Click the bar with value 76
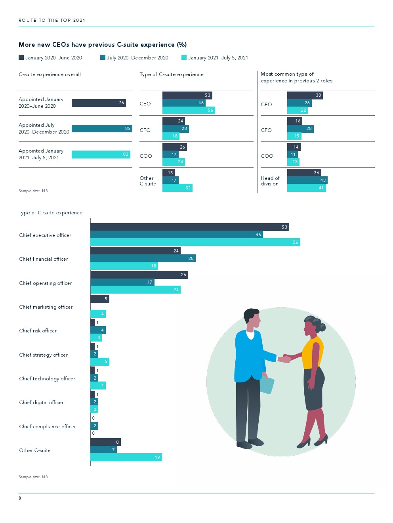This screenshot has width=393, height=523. click(99, 103)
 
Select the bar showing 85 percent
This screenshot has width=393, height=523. click(102, 128)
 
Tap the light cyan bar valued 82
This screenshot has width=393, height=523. click(101, 155)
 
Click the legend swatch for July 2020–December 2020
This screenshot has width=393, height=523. click(103, 57)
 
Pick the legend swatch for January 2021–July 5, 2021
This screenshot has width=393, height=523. click(184, 57)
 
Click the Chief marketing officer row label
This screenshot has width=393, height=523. click(46, 307)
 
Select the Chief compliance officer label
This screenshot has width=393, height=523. click(48, 427)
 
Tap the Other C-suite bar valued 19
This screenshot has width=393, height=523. click(126, 457)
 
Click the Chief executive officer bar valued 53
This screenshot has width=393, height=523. click(189, 227)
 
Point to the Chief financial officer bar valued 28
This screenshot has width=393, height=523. click(143, 258)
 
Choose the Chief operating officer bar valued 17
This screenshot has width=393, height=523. click(122, 282)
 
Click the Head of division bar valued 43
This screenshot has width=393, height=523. click(307, 180)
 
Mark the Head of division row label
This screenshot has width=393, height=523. click(270, 181)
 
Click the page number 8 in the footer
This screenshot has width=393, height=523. click(20, 498)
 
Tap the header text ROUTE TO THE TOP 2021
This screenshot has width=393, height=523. click(52, 20)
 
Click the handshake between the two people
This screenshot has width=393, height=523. click(284, 359)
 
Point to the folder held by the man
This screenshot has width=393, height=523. click(267, 385)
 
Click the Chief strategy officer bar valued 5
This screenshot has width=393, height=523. click(99, 362)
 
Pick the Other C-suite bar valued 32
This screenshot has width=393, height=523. click(177, 188)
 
